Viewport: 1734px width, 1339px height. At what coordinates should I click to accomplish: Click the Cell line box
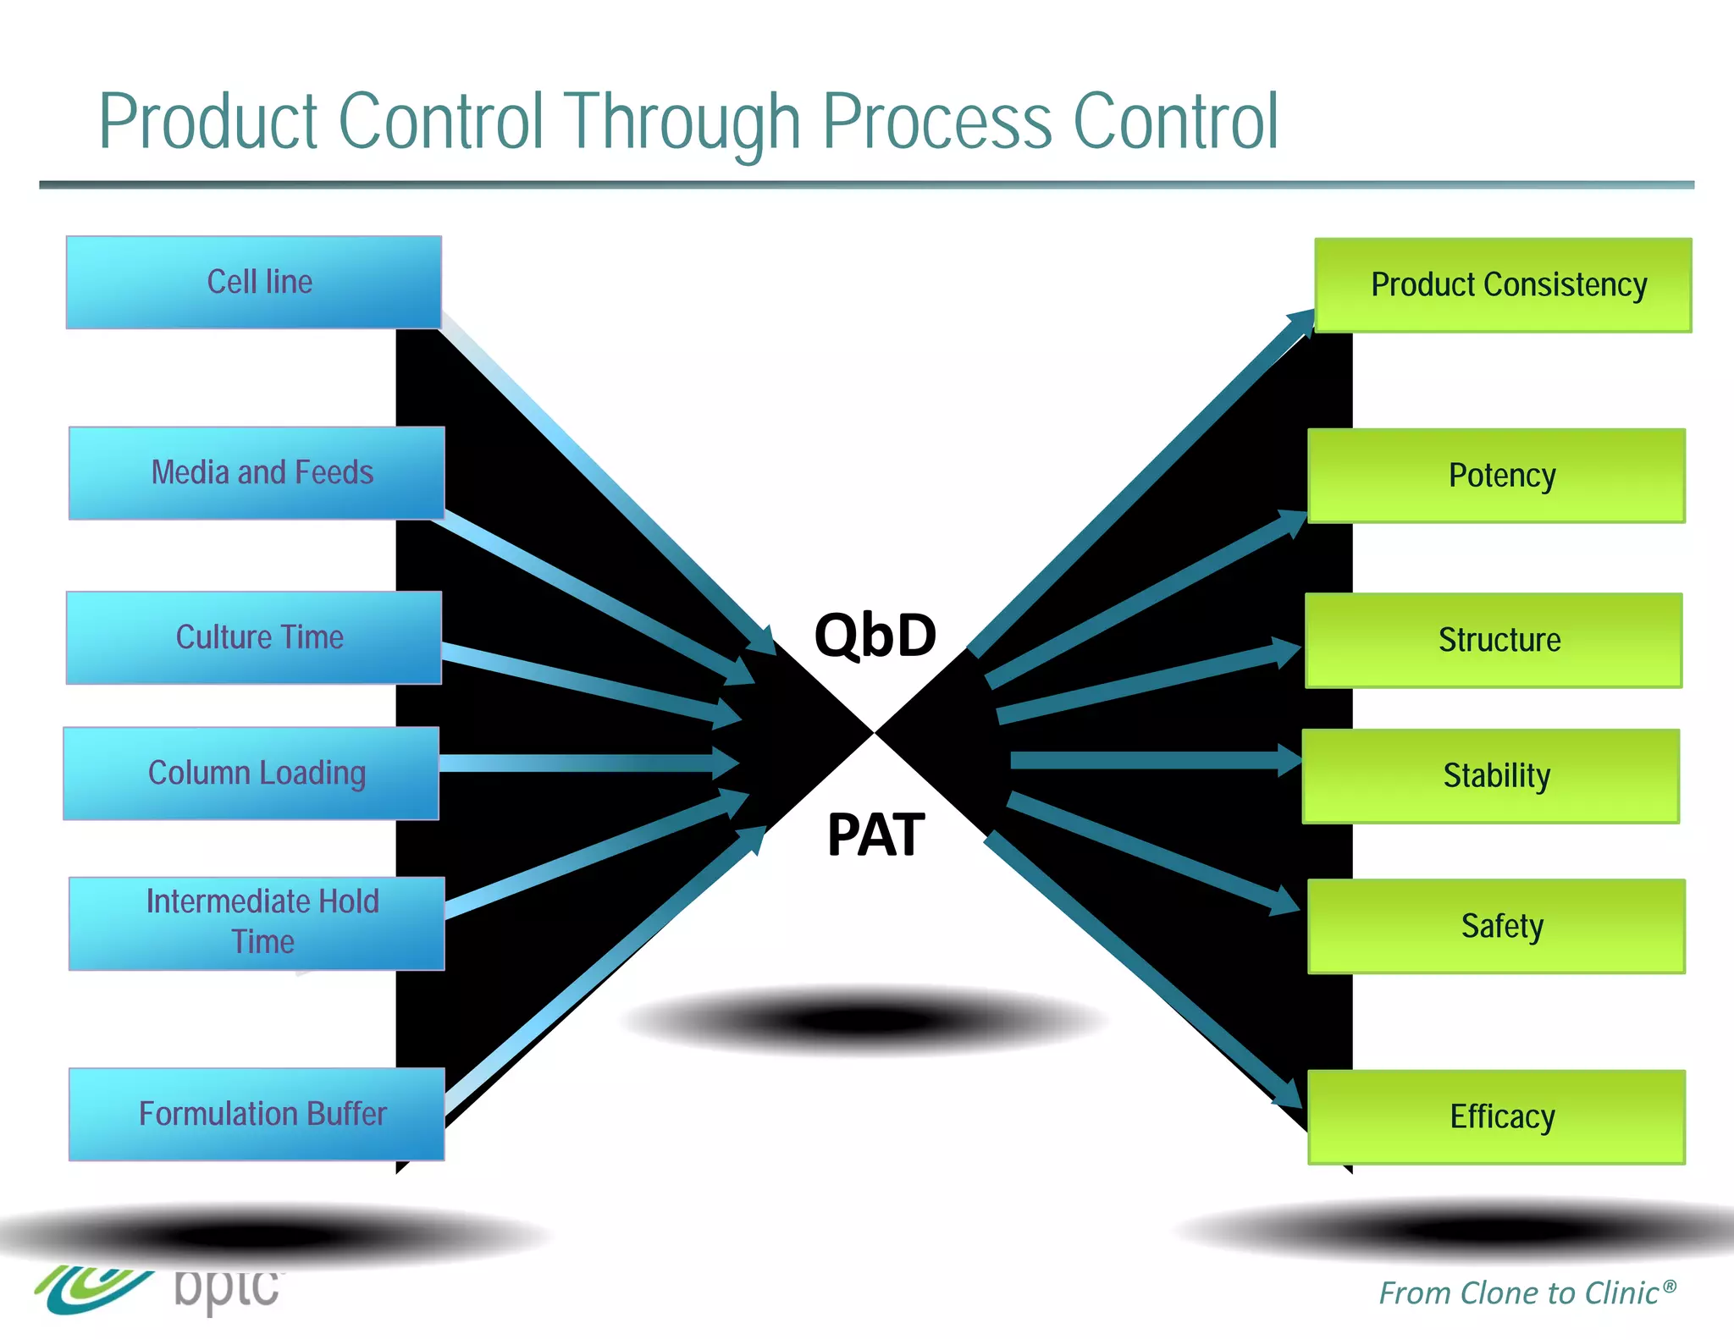254,282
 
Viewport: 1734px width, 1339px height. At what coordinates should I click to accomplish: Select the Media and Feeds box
257,472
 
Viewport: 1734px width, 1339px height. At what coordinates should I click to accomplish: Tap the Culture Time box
254,637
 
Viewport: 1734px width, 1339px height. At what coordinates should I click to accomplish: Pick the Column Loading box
251,773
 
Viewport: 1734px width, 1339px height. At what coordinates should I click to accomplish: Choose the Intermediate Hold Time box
257,923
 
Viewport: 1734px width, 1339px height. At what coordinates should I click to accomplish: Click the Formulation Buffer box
257,1114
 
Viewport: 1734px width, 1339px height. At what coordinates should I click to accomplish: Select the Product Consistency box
1503,284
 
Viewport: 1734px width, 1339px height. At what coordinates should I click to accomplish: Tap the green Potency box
1496,475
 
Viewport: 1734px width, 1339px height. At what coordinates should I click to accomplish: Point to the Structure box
1494,640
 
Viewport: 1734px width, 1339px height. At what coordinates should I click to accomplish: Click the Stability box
1491,775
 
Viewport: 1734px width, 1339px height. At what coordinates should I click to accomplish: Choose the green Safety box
1496,926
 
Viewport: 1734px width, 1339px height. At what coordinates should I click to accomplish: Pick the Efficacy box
1496,1116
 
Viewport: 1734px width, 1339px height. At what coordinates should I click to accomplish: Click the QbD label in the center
875,635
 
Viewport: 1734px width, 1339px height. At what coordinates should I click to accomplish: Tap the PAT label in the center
875,835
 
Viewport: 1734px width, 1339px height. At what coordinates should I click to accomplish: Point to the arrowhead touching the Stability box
1289,759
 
